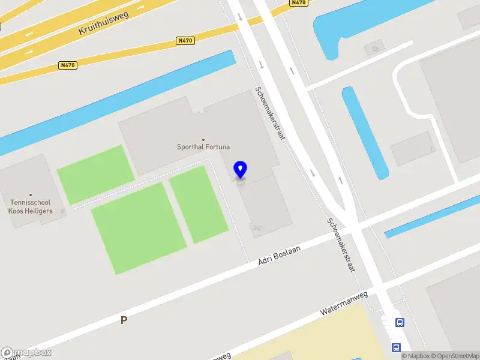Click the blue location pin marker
tap(241, 170)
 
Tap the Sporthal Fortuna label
tap(203, 146)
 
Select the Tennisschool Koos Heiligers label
tap(31, 207)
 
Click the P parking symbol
tap(124, 320)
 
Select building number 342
tap(257, 227)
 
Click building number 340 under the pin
tap(241, 184)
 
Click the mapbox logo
tap(26, 353)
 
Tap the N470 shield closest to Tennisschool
tap(68, 65)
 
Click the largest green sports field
tap(139, 227)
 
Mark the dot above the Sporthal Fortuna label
tap(203, 139)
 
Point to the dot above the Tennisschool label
tap(31, 195)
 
